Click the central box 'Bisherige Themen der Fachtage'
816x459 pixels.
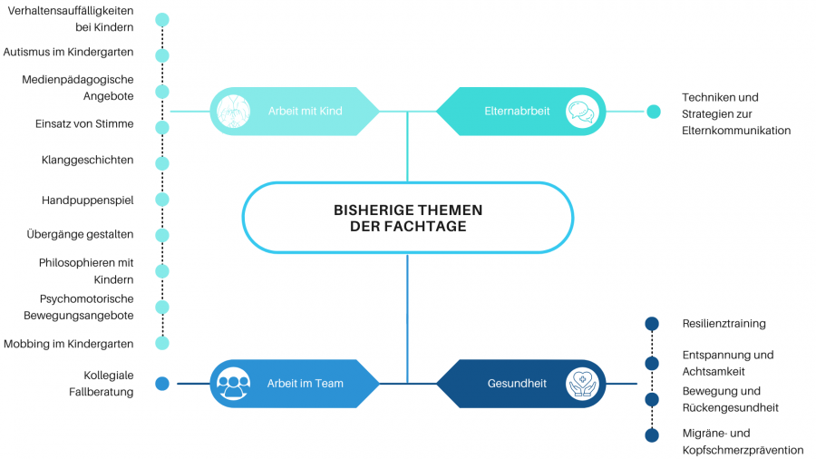click(407, 218)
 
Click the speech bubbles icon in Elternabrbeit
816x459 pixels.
click(581, 112)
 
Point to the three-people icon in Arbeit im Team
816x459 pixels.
click(234, 384)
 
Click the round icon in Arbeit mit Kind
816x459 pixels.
click(234, 112)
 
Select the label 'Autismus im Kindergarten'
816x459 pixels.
click(68, 53)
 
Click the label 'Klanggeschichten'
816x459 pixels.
click(87, 161)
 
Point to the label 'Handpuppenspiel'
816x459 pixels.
click(87, 200)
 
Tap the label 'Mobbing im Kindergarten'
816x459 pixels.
click(68, 344)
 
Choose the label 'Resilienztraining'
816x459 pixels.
click(724, 324)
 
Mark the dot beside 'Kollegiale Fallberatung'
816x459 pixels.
click(162, 384)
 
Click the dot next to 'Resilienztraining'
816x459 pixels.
click(651, 324)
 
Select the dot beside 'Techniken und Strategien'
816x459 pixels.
click(654, 112)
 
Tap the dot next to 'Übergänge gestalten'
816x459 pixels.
click(162, 235)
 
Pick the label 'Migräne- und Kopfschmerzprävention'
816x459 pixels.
click(743, 442)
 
